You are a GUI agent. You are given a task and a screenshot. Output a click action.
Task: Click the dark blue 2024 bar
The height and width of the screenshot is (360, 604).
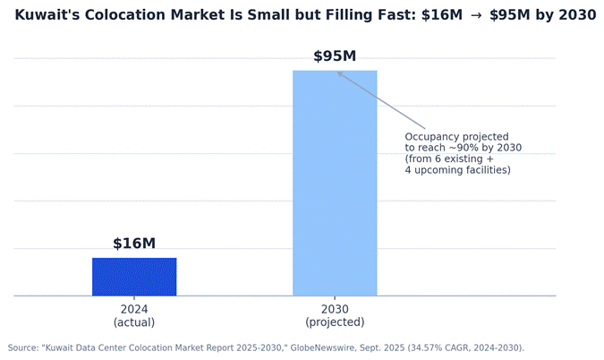(134, 277)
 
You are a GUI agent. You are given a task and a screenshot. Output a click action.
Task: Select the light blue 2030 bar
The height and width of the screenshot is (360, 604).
(335, 183)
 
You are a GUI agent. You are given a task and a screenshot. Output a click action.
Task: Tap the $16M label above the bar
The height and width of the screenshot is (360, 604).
(134, 244)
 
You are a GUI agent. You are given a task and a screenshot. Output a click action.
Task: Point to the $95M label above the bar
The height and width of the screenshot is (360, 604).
(335, 56)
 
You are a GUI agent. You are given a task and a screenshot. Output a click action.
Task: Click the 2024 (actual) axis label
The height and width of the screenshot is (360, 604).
(134, 316)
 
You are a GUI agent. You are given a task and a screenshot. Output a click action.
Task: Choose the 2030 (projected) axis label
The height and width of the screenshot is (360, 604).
(335, 316)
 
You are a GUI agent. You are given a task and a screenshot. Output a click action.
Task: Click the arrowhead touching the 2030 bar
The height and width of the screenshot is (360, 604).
(340, 73)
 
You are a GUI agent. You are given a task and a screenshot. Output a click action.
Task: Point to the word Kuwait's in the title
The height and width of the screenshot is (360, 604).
(47, 15)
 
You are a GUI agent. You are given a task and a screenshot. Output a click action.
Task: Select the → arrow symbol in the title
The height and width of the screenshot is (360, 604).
(476, 15)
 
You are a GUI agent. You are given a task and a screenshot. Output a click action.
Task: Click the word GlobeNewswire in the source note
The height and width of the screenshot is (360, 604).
(323, 348)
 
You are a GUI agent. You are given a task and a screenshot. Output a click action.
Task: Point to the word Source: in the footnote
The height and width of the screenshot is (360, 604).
(23, 348)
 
